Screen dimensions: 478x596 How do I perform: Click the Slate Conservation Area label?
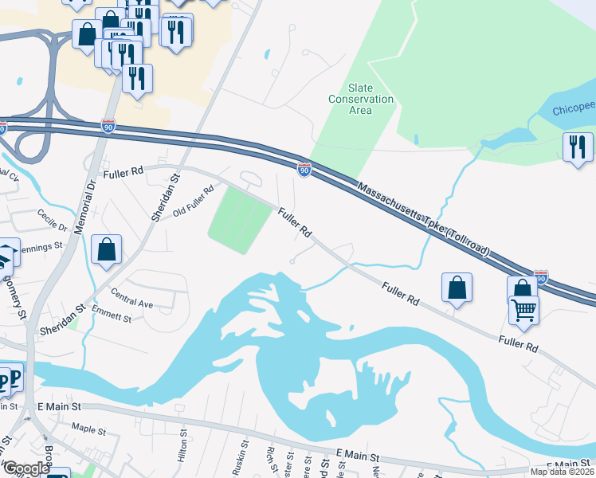361,99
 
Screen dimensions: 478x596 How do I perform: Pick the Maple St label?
88,429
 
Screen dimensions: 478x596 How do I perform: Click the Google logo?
26,468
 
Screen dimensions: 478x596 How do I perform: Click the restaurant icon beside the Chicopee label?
578,146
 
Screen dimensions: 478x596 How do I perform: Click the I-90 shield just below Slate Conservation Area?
304,169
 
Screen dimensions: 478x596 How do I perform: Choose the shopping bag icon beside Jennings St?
106,249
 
